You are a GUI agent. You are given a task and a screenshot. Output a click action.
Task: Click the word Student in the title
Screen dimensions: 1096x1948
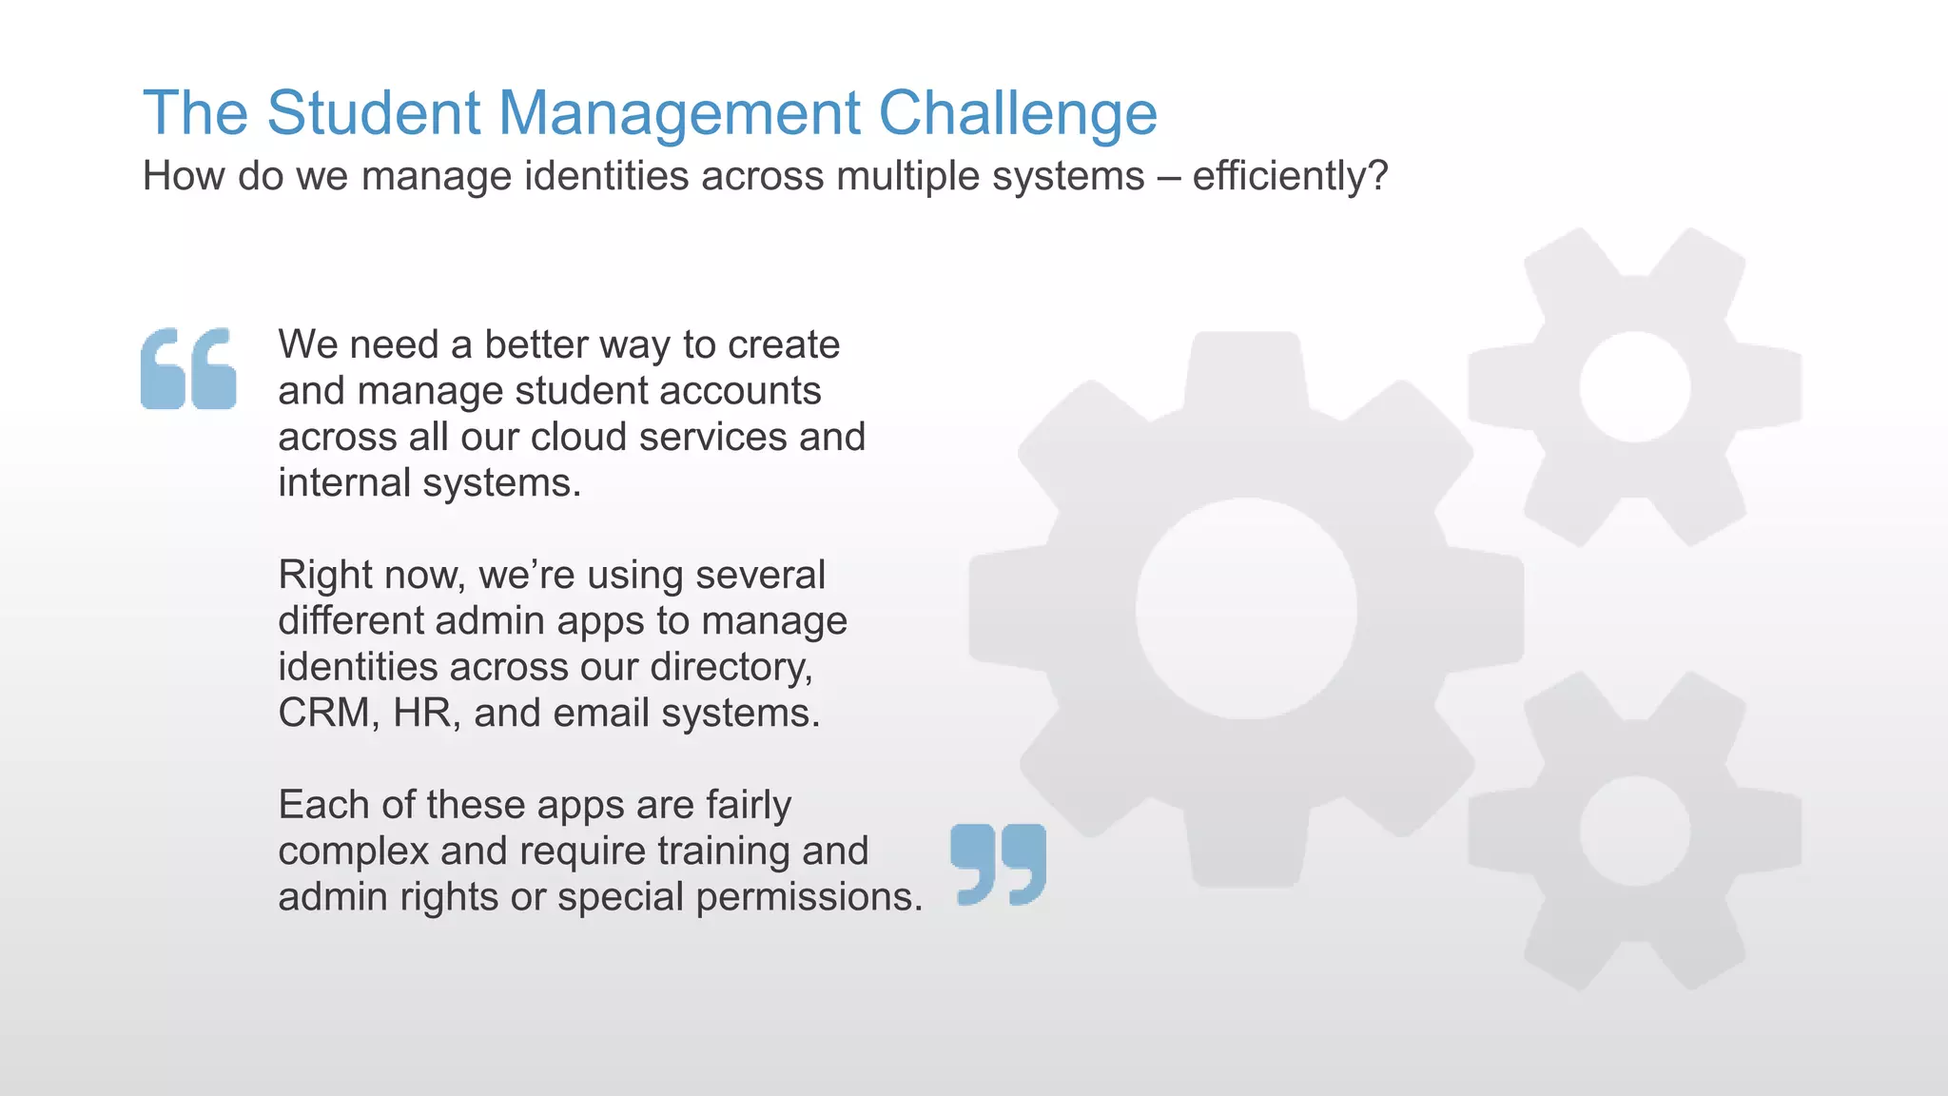pyautogui.click(x=374, y=113)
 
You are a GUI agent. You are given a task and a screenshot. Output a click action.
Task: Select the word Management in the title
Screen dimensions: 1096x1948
pyautogui.click(x=679, y=113)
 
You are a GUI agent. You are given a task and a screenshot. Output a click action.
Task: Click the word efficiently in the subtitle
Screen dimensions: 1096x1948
pyautogui.click(x=1279, y=177)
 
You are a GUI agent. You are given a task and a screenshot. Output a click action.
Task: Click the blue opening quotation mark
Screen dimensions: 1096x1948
pyautogui.click(x=188, y=368)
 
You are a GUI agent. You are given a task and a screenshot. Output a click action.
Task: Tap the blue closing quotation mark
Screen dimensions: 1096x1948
pyautogui.click(x=998, y=864)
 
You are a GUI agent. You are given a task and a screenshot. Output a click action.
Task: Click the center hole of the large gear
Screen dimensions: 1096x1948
pyautogui.click(x=1246, y=609)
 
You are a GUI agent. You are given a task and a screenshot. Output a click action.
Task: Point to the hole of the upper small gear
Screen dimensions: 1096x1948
pyautogui.click(x=1634, y=387)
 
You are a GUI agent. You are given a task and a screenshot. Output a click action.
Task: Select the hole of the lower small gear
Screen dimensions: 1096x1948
pyautogui.click(x=1634, y=831)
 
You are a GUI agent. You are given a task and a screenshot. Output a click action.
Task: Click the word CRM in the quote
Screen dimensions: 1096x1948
pyautogui.click(x=323, y=714)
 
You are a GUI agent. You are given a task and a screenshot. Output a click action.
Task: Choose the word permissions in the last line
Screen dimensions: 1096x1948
pyautogui.click(x=809, y=898)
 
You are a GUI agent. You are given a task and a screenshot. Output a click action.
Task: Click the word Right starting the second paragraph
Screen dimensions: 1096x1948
pyautogui.click(x=323, y=576)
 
